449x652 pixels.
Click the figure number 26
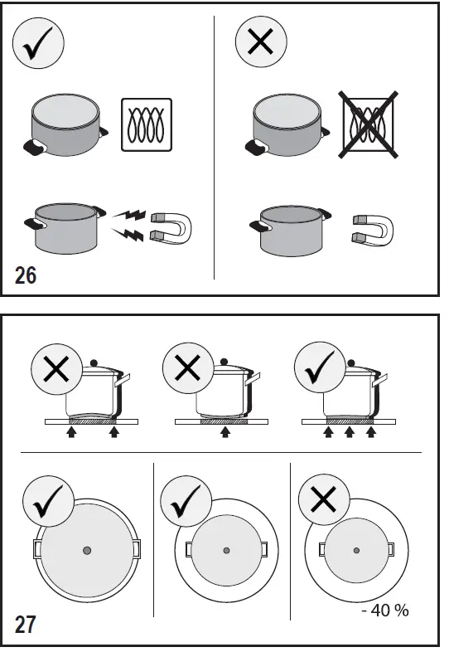point(26,275)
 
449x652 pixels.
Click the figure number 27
point(26,624)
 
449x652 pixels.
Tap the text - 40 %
point(385,611)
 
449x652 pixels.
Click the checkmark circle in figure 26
point(39,45)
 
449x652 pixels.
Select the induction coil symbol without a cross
point(147,126)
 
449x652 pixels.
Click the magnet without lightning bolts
point(372,230)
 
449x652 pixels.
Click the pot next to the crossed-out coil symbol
point(286,125)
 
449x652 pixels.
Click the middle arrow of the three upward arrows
point(350,433)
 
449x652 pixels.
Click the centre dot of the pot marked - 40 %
point(356,550)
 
